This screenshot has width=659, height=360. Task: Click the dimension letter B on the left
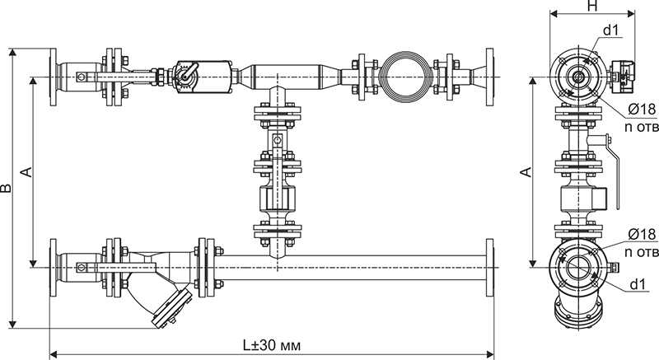(x=6, y=188)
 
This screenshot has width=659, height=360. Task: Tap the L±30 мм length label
(x=272, y=346)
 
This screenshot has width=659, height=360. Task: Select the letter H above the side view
(x=592, y=6)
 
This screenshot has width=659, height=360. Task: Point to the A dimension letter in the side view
(x=526, y=172)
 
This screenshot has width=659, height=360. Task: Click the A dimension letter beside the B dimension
(x=26, y=172)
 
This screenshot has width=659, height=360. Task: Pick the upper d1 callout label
(x=610, y=30)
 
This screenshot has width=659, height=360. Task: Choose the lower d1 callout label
(x=638, y=284)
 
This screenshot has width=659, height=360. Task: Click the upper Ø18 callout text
(x=642, y=110)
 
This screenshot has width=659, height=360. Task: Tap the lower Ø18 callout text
(x=642, y=234)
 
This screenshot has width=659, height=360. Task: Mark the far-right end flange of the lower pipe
(x=489, y=268)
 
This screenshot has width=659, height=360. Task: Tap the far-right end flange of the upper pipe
(x=489, y=77)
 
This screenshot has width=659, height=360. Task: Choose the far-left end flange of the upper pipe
(x=53, y=77)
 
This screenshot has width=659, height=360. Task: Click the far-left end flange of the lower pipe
(x=53, y=268)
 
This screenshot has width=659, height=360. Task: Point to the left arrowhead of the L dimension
(x=54, y=353)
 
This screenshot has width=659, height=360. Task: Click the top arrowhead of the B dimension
(x=12, y=52)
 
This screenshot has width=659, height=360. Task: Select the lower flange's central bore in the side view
(x=578, y=268)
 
